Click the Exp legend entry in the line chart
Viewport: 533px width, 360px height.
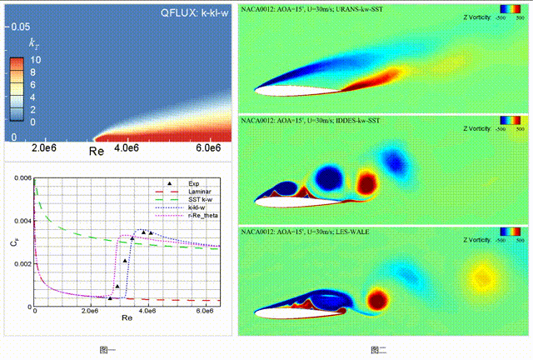pos(194,183)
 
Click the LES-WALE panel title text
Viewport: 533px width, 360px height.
pos(300,230)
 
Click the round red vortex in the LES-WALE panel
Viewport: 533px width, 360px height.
pos(379,298)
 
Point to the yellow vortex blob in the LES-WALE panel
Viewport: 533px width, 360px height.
pos(481,276)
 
